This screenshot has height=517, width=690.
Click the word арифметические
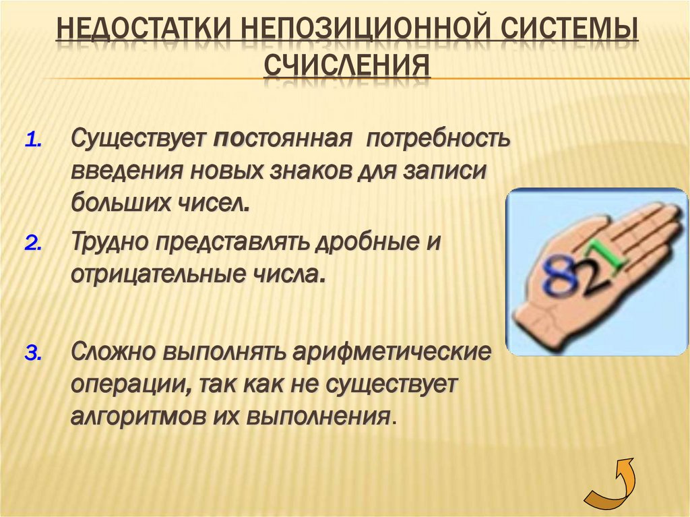coord(391,351)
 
